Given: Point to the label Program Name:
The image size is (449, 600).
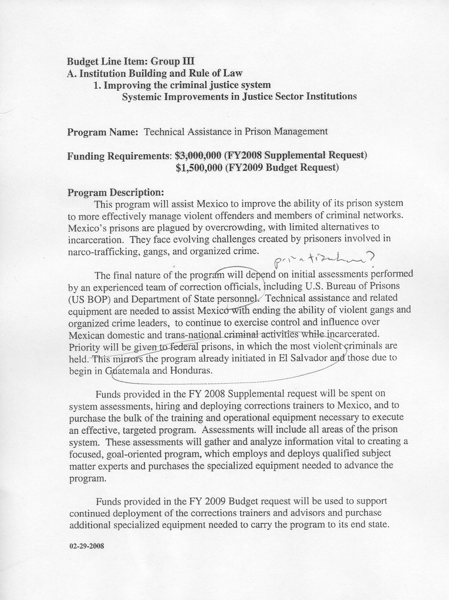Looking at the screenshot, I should coord(103,132).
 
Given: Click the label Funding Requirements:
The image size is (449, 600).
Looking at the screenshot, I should coord(119,156).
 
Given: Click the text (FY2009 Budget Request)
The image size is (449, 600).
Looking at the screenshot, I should coord(282,168).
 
